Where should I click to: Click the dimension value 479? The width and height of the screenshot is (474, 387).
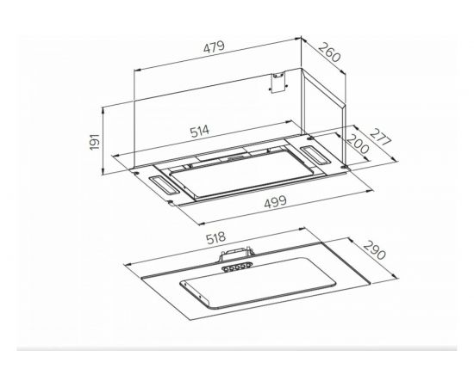(x=214, y=47)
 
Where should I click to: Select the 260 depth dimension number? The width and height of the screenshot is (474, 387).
(x=329, y=52)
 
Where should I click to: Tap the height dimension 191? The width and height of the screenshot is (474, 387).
(x=95, y=141)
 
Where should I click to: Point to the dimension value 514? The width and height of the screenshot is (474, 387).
(x=200, y=132)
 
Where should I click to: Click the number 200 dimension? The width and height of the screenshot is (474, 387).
(x=358, y=144)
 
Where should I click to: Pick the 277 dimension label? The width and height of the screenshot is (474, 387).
(x=381, y=137)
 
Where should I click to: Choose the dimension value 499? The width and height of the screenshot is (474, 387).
(x=275, y=202)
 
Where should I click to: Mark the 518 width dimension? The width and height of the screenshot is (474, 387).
(x=215, y=237)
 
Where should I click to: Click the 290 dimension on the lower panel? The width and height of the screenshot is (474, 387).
(x=375, y=250)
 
